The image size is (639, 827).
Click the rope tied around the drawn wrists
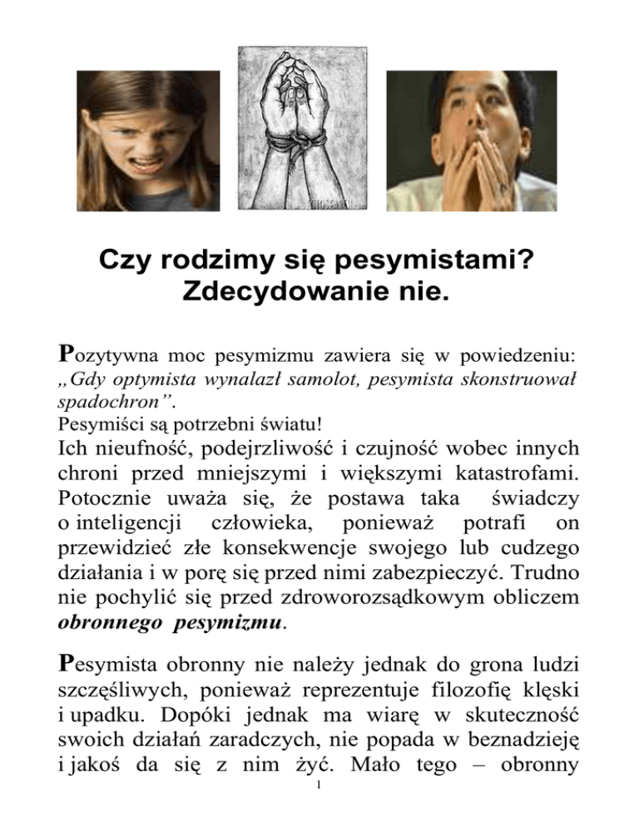320,154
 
